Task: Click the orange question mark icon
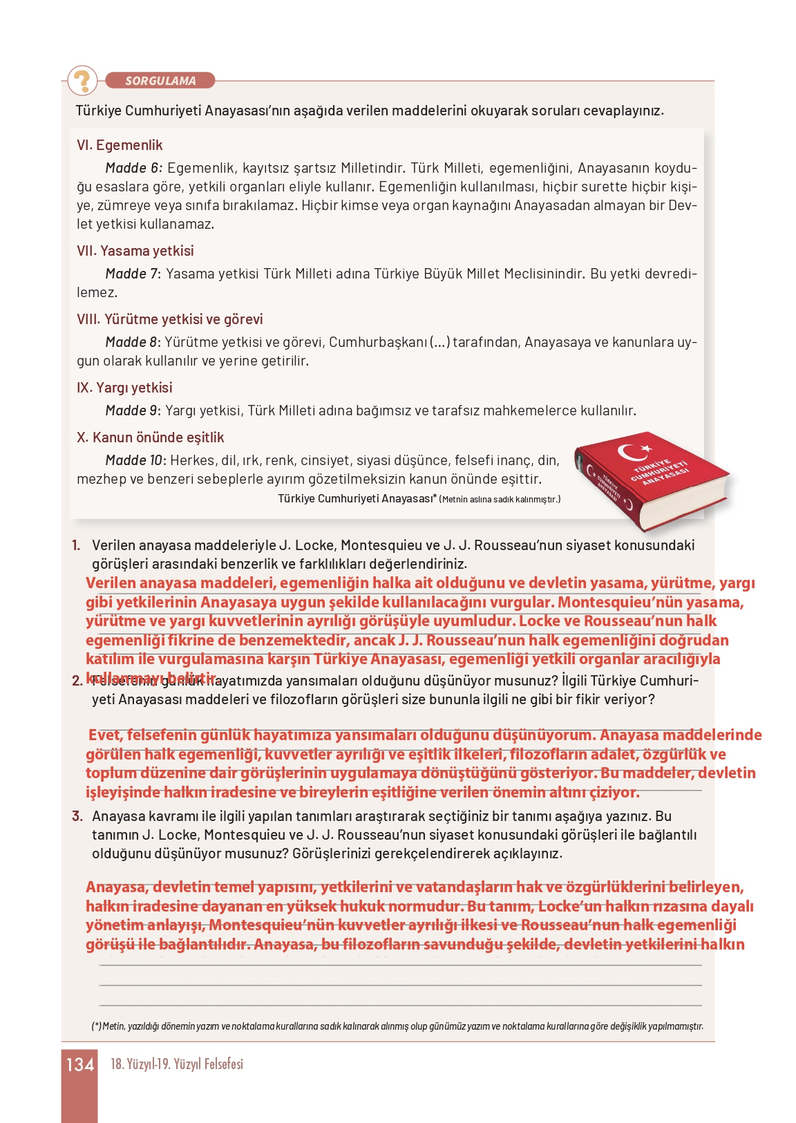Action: click(82, 80)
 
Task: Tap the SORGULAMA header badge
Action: click(160, 81)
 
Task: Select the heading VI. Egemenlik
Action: click(120, 145)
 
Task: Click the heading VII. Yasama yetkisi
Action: click(135, 251)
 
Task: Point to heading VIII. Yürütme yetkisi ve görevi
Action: click(169, 319)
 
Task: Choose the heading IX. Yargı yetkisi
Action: click(124, 388)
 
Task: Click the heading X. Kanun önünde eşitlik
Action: click(150, 437)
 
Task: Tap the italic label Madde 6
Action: click(133, 168)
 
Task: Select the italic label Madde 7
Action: click(133, 274)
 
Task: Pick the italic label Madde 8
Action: click(133, 342)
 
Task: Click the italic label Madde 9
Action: click(133, 410)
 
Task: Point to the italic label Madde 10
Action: click(135, 460)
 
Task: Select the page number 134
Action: click(79, 1065)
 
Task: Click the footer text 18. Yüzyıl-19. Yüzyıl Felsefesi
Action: click(177, 1064)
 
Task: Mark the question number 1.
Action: click(76, 545)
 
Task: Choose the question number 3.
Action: click(77, 816)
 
